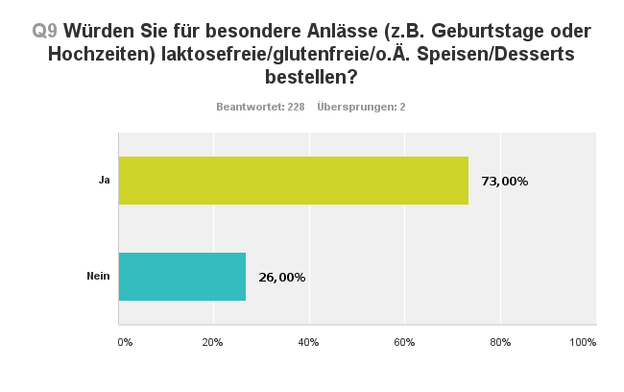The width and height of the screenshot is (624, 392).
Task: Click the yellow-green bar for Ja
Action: pos(293,180)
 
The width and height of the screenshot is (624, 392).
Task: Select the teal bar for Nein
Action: pos(181,277)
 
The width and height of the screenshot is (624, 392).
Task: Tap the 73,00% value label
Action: pos(504,181)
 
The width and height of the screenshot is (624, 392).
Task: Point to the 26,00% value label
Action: pos(282,278)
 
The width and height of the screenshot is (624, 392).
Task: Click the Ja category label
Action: pos(104,181)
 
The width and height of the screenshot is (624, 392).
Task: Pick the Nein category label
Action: pos(98,277)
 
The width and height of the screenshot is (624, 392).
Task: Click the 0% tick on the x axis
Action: pos(125,342)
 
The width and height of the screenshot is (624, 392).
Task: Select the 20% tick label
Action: pos(213,342)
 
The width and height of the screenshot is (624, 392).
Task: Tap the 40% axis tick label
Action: pos(309,342)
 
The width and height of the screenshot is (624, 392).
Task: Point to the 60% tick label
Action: pos(404,342)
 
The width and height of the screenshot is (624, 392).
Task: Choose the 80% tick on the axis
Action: pos(499,342)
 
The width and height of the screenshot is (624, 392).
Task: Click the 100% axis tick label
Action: pos(583,342)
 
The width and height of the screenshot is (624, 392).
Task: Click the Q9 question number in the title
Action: pos(45,31)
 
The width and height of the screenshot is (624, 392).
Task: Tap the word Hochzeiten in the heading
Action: pos(98,54)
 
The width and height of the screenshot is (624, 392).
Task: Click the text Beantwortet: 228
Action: pos(261,107)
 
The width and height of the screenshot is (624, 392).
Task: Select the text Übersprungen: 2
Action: pos(361,107)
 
